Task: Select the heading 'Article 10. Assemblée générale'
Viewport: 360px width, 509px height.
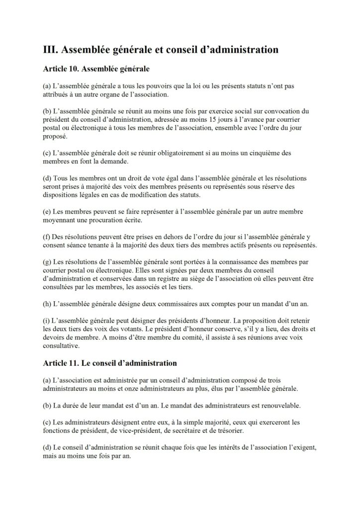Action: click(x=97, y=68)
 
